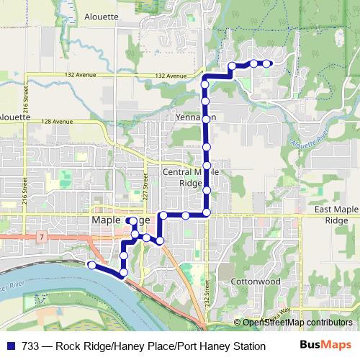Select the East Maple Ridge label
pyautogui.click(x=337, y=215)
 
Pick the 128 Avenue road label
pyautogui.click(x=56, y=121)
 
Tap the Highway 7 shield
pyautogui.click(x=43, y=236)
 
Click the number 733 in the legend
pyautogui.click(x=32, y=346)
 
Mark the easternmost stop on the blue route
pyautogui.click(x=267, y=63)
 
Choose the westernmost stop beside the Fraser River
pyautogui.click(x=91, y=265)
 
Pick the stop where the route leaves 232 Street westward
pyautogui.click(x=207, y=213)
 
